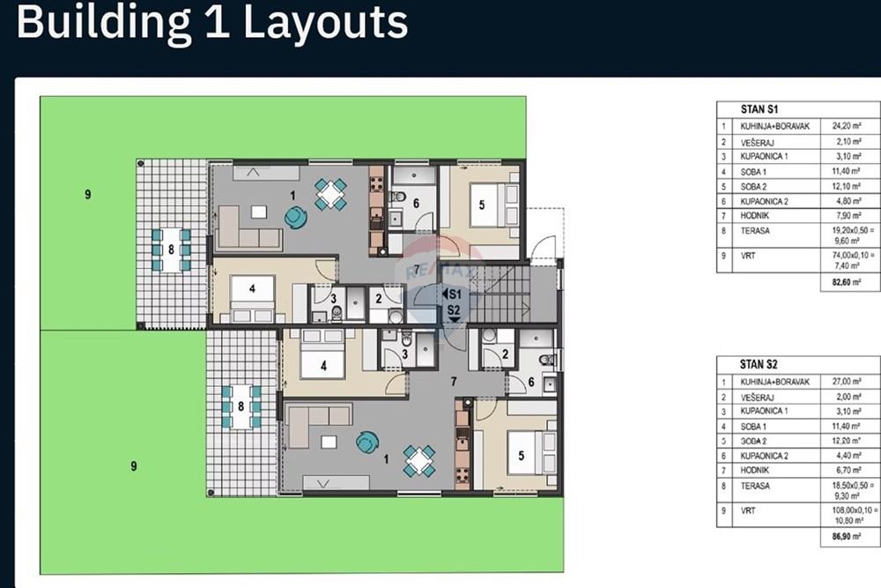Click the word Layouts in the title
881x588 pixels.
pos(325,23)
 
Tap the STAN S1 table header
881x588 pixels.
pos(759,108)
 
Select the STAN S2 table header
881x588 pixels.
pos(759,363)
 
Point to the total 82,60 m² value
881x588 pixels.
pos(843,283)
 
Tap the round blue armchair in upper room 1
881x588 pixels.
pos(295,216)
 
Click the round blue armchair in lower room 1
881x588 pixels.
pos(366,443)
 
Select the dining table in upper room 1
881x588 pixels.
pos(331,193)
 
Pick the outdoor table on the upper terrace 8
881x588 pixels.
pos(172,249)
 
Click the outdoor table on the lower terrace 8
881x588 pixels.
pos(241,406)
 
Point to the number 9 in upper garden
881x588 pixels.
pos(87,195)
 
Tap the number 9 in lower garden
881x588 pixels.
pos(134,466)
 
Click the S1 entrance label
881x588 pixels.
pos(455,294)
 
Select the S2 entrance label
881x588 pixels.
pos(455,309)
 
